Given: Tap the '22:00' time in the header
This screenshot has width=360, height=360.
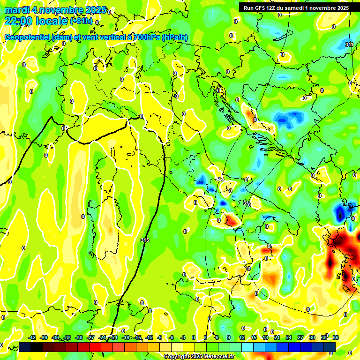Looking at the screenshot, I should [x=16, y=21].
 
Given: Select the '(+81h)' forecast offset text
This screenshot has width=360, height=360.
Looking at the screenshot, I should [x=81, y=21].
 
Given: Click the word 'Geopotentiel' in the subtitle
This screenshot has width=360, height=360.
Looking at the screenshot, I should [x=27, y=37].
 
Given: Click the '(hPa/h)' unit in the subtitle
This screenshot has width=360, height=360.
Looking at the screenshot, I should [x=175, y=37].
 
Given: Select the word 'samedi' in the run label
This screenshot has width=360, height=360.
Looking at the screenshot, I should [x=301, y=8].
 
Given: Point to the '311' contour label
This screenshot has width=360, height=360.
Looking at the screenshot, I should [x=349, y=45].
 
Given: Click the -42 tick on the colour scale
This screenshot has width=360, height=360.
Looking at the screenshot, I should [x=32, y=337].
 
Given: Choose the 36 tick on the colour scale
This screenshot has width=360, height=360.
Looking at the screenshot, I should [x=336, y=337].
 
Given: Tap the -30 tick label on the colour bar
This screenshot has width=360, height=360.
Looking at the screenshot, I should [x=79, y=337].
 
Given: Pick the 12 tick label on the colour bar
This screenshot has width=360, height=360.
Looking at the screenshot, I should [x=242, y=337].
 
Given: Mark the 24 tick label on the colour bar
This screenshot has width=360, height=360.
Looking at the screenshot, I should [x=289, y=337].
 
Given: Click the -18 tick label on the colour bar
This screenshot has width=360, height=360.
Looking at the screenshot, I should [x=126, y=337].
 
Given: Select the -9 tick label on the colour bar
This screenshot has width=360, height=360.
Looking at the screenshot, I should [x=160, y=337].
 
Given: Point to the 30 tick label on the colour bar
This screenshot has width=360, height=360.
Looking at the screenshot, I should [x=312, y=337].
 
